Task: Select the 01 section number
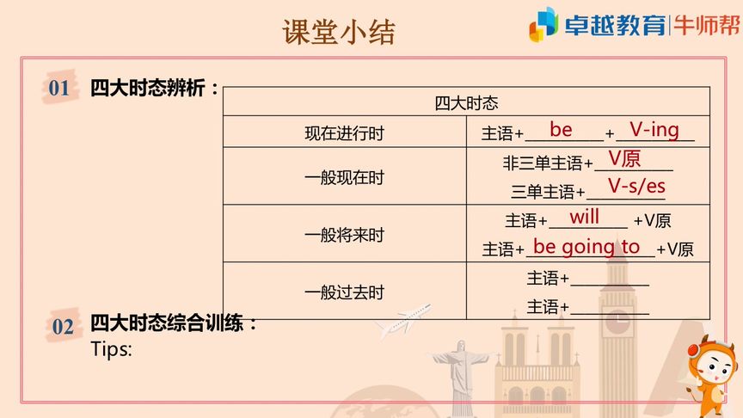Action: pos(58,88)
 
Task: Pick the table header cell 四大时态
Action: pos(466,103)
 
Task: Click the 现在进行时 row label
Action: pos(344,133)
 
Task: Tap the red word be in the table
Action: pos(561,130)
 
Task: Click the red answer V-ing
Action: pos(654,130)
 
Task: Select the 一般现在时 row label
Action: pos(344,178)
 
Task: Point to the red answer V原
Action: pos(625,158)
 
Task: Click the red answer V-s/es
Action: pos(636,187)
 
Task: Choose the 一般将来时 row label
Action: pos(344,235)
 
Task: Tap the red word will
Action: pos(585,218)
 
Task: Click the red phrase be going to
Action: pos(586,247)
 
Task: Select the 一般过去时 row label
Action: pos(344,292)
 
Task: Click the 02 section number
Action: pos(63,326)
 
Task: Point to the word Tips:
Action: pos(111,350)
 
